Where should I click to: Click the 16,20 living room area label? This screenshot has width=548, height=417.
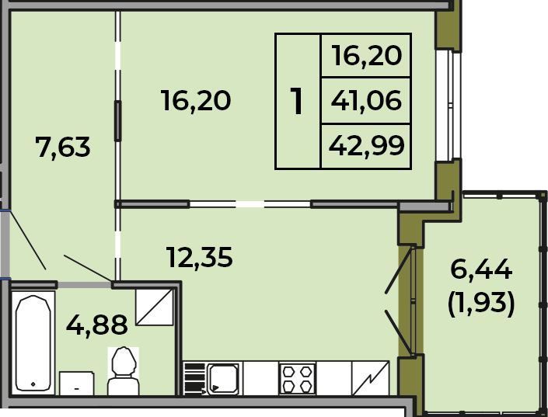coord(196,101)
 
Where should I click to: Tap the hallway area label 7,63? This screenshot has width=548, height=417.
coord(62,147)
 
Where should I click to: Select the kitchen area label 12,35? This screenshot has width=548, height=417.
coord(200,257)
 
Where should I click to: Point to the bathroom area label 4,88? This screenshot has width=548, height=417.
coord(97,325)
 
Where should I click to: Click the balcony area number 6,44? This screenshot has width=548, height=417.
coord(481,269)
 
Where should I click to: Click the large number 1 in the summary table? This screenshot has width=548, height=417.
coord(297,101)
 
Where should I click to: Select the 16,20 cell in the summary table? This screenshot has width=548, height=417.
coord(367,56)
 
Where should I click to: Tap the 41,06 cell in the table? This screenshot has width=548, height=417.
coord(366,101)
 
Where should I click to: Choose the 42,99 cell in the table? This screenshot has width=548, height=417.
coord(366,146)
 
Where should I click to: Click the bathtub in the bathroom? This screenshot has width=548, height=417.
coord(33,342)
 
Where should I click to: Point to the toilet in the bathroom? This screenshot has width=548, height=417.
coord(124,371)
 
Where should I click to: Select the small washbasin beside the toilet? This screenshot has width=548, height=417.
coord(76,383)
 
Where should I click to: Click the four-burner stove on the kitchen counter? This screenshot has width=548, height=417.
coord(298,379)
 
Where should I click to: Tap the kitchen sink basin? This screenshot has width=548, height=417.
coord(223,379)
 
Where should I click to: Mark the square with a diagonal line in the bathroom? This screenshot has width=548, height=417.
coord(155,307)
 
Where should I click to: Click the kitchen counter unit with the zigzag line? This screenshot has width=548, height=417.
coord(371,378)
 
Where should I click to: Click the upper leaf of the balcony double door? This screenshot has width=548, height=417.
coord(399,270)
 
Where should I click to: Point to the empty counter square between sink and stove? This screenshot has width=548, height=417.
coord(260,378)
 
